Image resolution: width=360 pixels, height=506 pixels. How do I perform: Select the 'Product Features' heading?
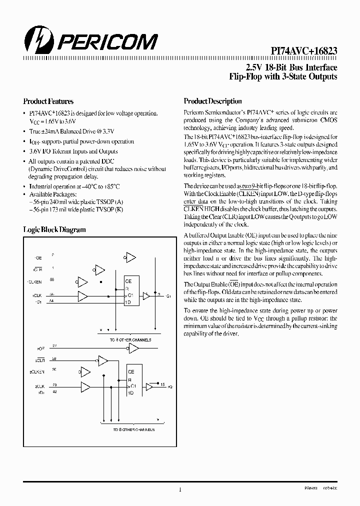click(48, 101)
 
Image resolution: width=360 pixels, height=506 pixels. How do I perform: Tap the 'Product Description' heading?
click(212, 101)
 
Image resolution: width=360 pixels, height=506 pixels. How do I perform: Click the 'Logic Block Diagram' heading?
click(54, 229)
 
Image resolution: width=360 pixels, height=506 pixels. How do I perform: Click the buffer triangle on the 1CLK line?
click(82, 296)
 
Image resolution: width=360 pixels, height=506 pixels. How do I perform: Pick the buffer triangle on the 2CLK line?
click(86, 387)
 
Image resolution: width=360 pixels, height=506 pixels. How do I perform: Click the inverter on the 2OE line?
click(133, 348)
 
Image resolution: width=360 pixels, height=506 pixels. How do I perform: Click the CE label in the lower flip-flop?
click(131, 372)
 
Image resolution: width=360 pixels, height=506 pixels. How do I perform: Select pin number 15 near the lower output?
click(163, 384)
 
